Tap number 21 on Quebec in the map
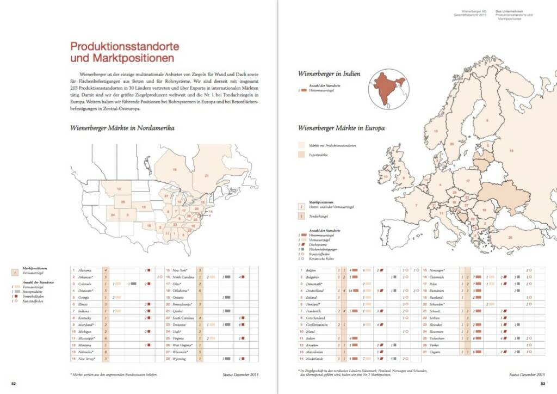[207, 175]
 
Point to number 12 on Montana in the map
[118, 188]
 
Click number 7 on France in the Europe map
[416, 205]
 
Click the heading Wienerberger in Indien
[329, 73]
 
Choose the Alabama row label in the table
[85, 270]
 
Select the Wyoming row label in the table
[180, 359]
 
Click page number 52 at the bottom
[15, 384]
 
